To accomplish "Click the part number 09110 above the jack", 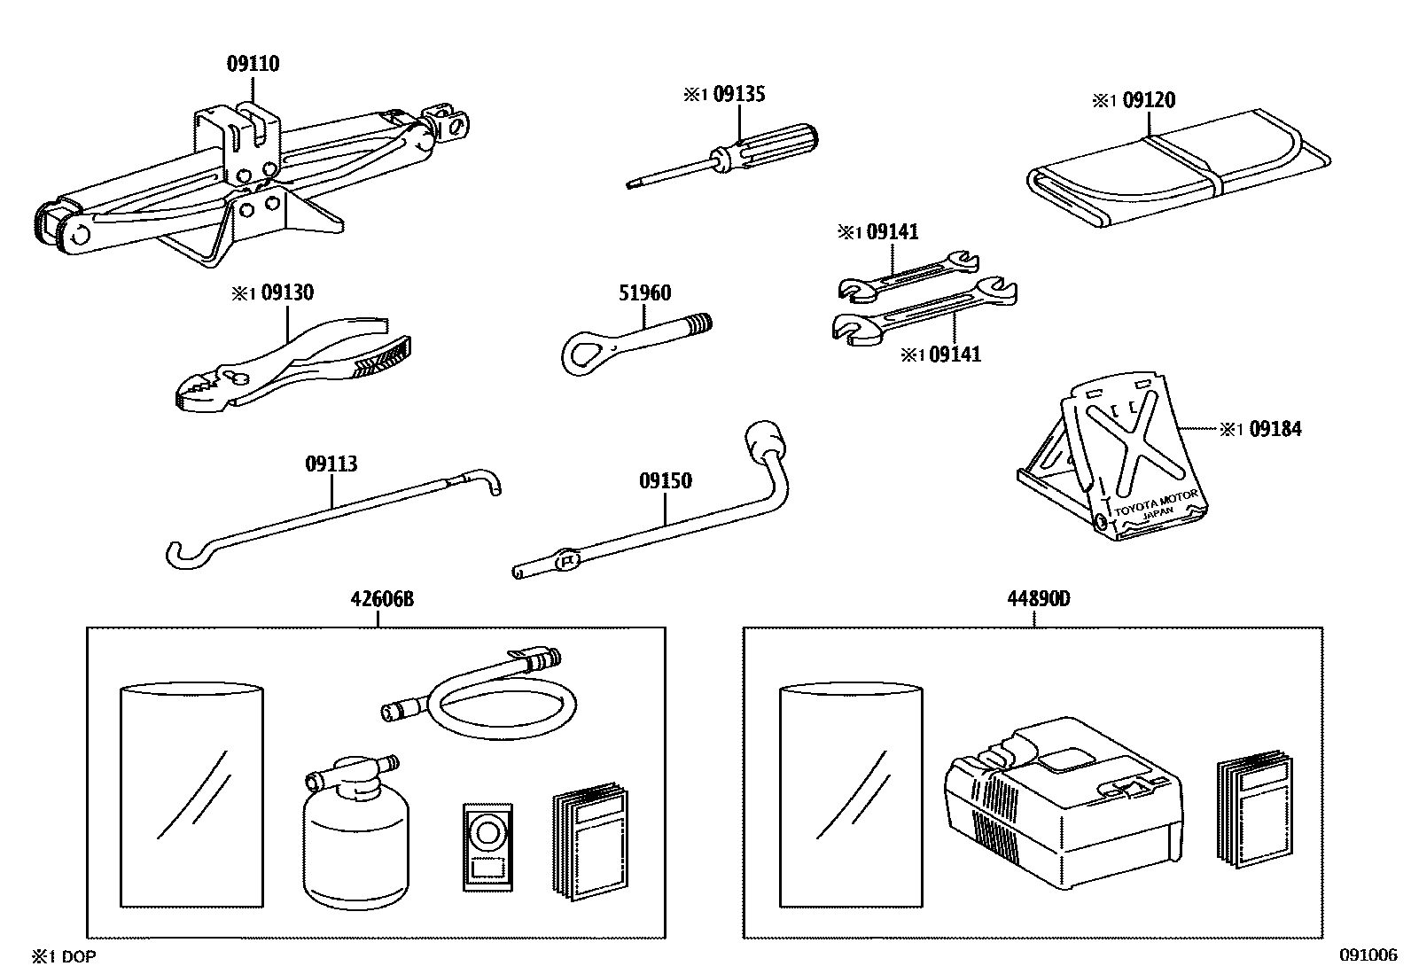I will pos(253,64).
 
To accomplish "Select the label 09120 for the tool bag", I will pos(1148,100).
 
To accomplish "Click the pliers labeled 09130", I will pos(292,372).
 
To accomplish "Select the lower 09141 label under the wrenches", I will pos(954,355).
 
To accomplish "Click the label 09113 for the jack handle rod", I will pos(331,464).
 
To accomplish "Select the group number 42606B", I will pos(381,599).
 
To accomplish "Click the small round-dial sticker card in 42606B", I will pos(487,845).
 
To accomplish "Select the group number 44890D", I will pos(1038,599).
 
